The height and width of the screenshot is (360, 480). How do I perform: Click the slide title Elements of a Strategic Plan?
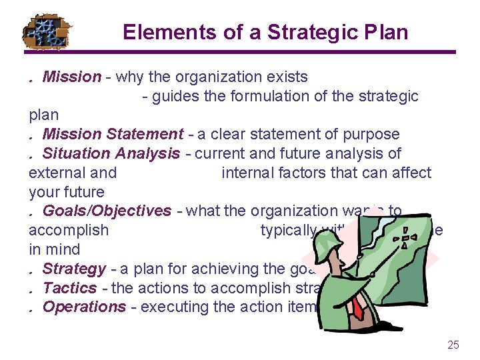click(x=265, y=32)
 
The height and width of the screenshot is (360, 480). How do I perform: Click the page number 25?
click(x=453, y=345)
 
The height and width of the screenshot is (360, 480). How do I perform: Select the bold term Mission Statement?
click(x=113, y=134)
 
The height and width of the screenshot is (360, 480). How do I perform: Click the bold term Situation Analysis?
click(x=111, y=153)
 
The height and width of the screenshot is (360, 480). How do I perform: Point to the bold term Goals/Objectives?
click(x=107, y=211)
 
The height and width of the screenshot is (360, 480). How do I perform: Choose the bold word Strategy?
click(x=74, y=269)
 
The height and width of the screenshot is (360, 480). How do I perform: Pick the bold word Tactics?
click(x=70, y=288)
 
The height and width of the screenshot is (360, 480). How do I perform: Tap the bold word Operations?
click(x=84, y=307)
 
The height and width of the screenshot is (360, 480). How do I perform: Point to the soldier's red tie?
click(x=358, y=307)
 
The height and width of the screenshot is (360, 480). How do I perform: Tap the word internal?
click(x=248, y=173)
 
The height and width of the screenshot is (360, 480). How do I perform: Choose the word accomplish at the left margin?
click(x=68, y=230)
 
